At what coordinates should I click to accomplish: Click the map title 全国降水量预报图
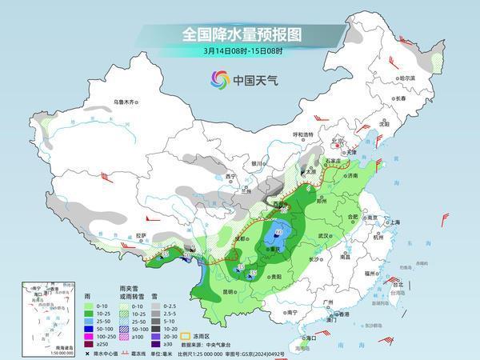(240, 34)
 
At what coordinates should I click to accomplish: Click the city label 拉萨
(142, 235)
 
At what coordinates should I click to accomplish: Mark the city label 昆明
(230, 290)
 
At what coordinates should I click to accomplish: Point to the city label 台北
(393, 283)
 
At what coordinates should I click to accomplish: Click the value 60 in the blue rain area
(278, 233)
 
